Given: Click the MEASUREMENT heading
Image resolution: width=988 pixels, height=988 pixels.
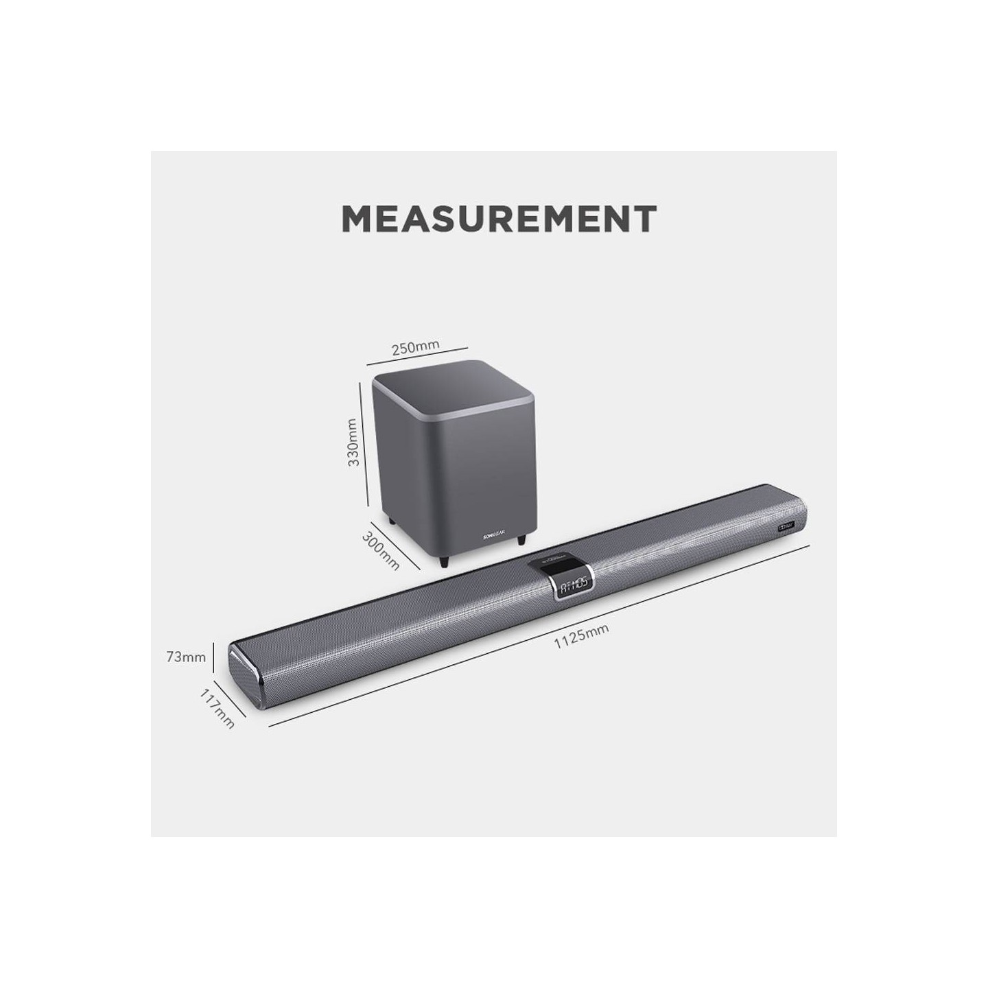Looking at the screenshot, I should (499, 218).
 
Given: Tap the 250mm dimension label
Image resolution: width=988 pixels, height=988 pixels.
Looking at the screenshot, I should (414, 347).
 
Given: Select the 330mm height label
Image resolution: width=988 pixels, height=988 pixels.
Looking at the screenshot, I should (353, 443).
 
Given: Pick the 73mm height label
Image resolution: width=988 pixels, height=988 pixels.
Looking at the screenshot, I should (185, 657).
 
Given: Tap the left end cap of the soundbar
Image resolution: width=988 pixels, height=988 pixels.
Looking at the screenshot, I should (245, 675).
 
